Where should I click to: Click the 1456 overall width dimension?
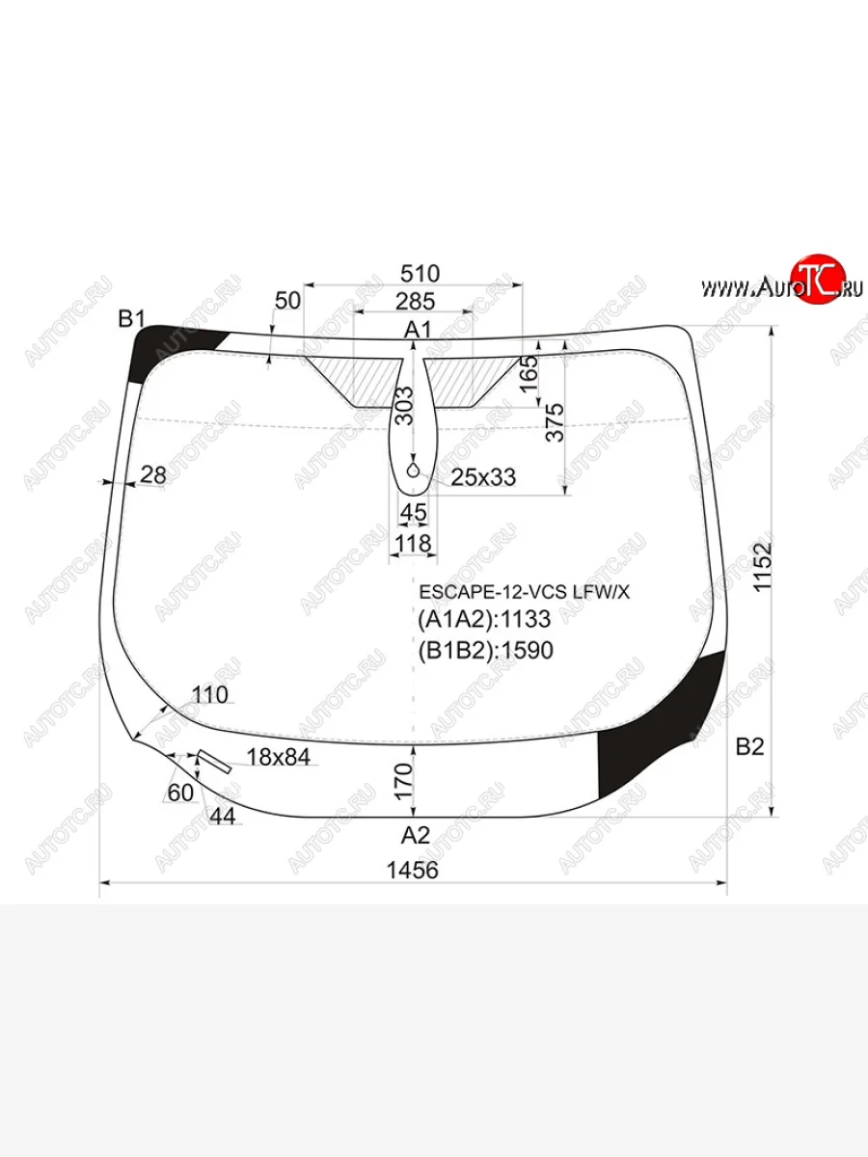coord(413,870)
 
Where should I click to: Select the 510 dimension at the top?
coord(420,274)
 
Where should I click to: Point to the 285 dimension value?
coord(416,302)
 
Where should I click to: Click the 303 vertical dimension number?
coord(405,406)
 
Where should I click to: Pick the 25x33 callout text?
coord(483,477)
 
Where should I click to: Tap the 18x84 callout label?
coord(279,758)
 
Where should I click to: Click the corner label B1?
coord(131,319)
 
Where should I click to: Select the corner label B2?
coord(749,747)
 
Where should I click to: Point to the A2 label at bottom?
coord(416,835)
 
